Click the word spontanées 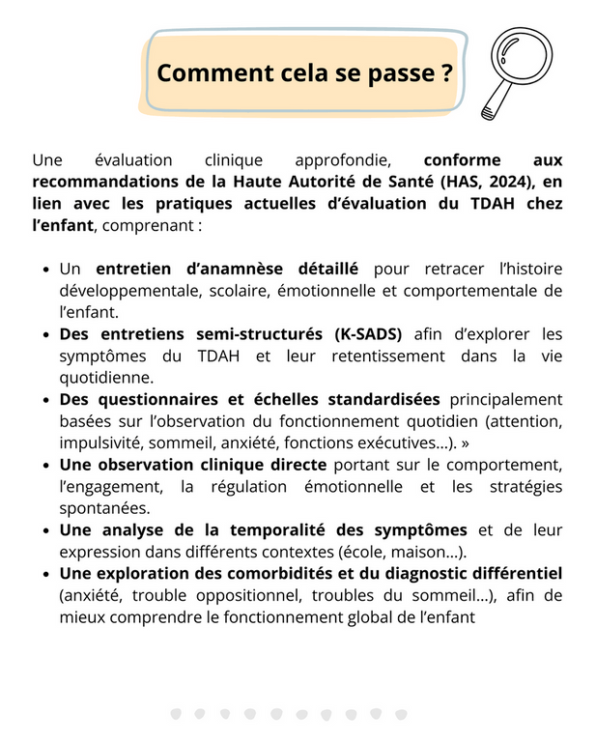point(105,507)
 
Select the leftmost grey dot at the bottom point(175,714)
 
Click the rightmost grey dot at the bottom point(401,714)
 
